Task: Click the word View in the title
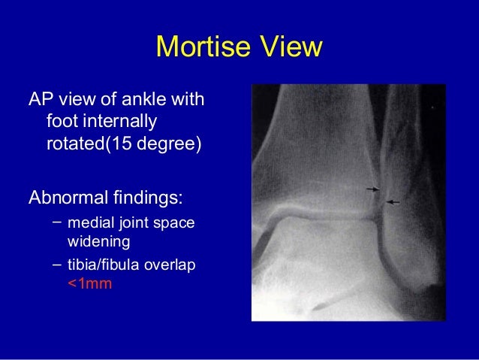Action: tap(289, 47)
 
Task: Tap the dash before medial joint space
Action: tap(57, 223)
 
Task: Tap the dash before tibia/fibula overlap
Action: tap(57, 265)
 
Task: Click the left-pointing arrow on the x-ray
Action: tap(393, 202)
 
